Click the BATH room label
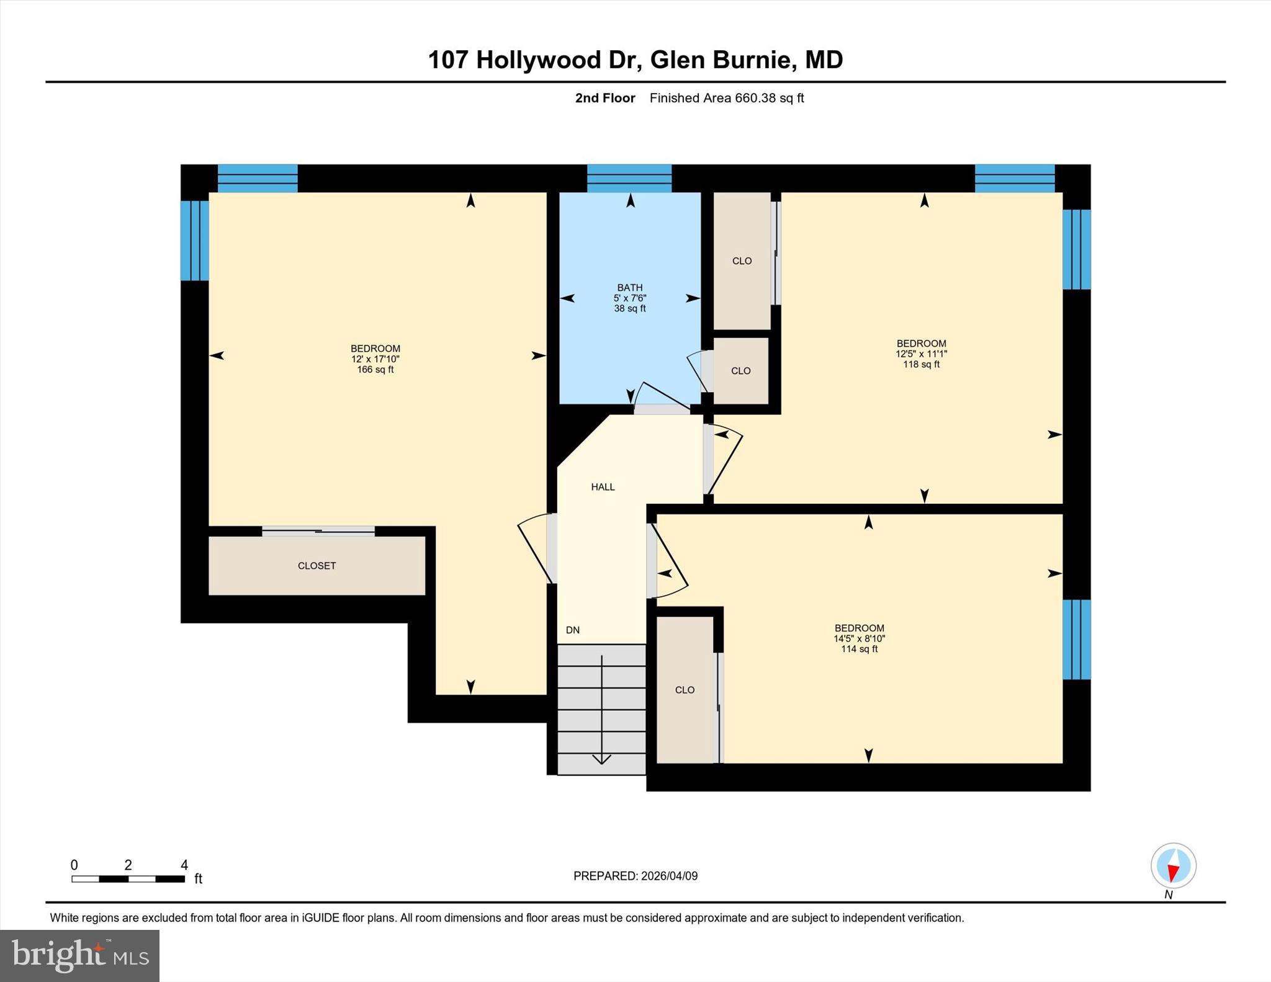[629, 287]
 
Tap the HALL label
[603, 487]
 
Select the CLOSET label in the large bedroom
[317, 566]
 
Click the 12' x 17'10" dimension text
[375, 359]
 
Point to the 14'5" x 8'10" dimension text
[859, 638]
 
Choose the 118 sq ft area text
[921, 365]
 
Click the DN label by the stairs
[572, 630]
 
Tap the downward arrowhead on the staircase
[601, 759]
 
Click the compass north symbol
[1173, 866]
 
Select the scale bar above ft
[128, 878]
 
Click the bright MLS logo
[79, 955]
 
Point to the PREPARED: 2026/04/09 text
[635, 876]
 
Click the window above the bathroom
[629, 178]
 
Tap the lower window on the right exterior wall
[1076, 640]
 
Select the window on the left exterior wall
[194, 241]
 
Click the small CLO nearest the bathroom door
[740, 371]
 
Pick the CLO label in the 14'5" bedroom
[685, 690]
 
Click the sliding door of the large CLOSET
[318, 530]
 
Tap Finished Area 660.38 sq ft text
[726, 98]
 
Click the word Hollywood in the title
[539, 60]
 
